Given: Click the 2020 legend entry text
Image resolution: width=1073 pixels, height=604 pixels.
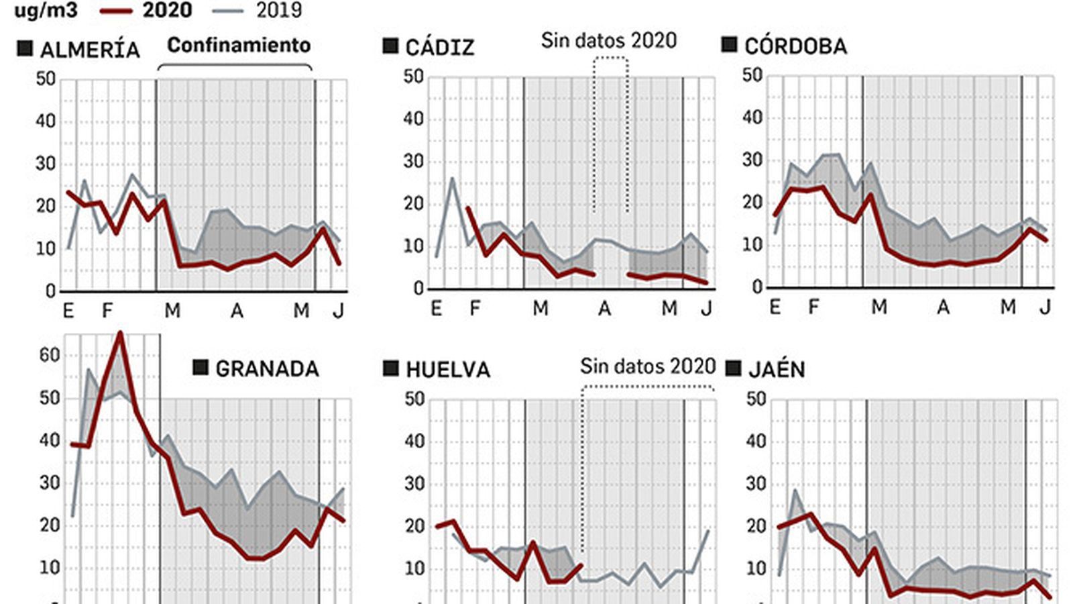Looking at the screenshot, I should tap(167, 10).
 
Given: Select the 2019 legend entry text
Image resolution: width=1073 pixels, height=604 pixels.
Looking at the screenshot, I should tap(278, 10).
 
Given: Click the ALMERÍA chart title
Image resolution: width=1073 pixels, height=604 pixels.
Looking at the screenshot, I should tap(90, 50).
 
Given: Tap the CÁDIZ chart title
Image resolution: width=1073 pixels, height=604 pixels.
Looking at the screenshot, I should tap(440, 48).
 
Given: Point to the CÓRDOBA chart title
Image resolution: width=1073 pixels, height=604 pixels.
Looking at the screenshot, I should tap(795, 46).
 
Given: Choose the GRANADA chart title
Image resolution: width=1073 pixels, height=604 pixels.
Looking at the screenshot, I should tap(267, 368).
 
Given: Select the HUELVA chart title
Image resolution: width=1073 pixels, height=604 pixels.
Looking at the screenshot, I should tap(448, 370).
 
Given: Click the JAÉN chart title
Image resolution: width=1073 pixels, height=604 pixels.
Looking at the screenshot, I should tap(777, 370).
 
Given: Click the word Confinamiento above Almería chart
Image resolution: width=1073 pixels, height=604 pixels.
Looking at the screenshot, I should tap(239, 45).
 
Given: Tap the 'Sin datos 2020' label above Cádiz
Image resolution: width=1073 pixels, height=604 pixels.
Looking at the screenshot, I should tap(609, 40).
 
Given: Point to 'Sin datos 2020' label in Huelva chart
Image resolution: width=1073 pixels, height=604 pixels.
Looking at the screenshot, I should tap(648, 366).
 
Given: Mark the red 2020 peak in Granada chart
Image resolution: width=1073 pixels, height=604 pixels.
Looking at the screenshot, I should tap(120, 333).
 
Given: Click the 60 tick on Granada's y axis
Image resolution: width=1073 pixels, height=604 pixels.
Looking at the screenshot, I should tap(50, 355).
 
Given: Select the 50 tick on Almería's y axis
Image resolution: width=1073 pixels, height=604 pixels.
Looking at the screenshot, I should tap(46, 79).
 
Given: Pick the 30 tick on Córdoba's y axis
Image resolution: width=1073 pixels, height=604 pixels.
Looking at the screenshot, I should tap(752, 160).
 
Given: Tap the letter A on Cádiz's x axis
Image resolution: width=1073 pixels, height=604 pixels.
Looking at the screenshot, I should tap(604, 309).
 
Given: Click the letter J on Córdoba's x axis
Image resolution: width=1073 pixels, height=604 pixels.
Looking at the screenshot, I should tap(1045, 307).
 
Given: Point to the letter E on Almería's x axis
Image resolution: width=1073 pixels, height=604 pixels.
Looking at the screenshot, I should tap(68, 311).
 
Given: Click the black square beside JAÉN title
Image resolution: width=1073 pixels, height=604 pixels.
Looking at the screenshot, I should tap(734, 368).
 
